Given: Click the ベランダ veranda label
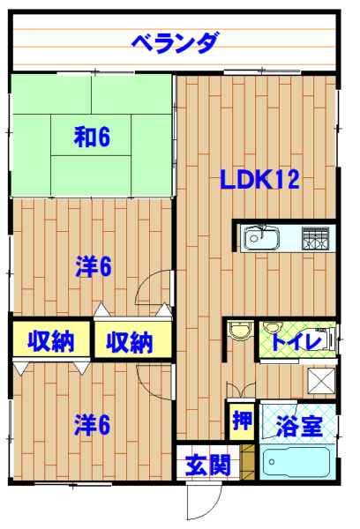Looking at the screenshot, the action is click(176, 42).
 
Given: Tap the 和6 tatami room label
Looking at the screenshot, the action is click(92, 137).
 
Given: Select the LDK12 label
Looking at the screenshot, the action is click(259, 179).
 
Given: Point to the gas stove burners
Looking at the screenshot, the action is click(315, 239).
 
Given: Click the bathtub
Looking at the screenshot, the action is click(296, 462).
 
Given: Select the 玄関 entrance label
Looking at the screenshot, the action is click(208, 465).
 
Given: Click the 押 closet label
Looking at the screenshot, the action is click(242, 421).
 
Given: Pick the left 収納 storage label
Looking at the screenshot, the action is click(50, 341).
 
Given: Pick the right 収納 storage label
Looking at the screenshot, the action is click(130, 342).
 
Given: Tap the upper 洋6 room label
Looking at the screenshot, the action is click(93, 266).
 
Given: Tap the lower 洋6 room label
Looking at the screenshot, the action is click(92, 425).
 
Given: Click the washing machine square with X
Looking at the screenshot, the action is click(321, 380).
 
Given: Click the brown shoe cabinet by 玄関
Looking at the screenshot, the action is click(248, 462).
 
